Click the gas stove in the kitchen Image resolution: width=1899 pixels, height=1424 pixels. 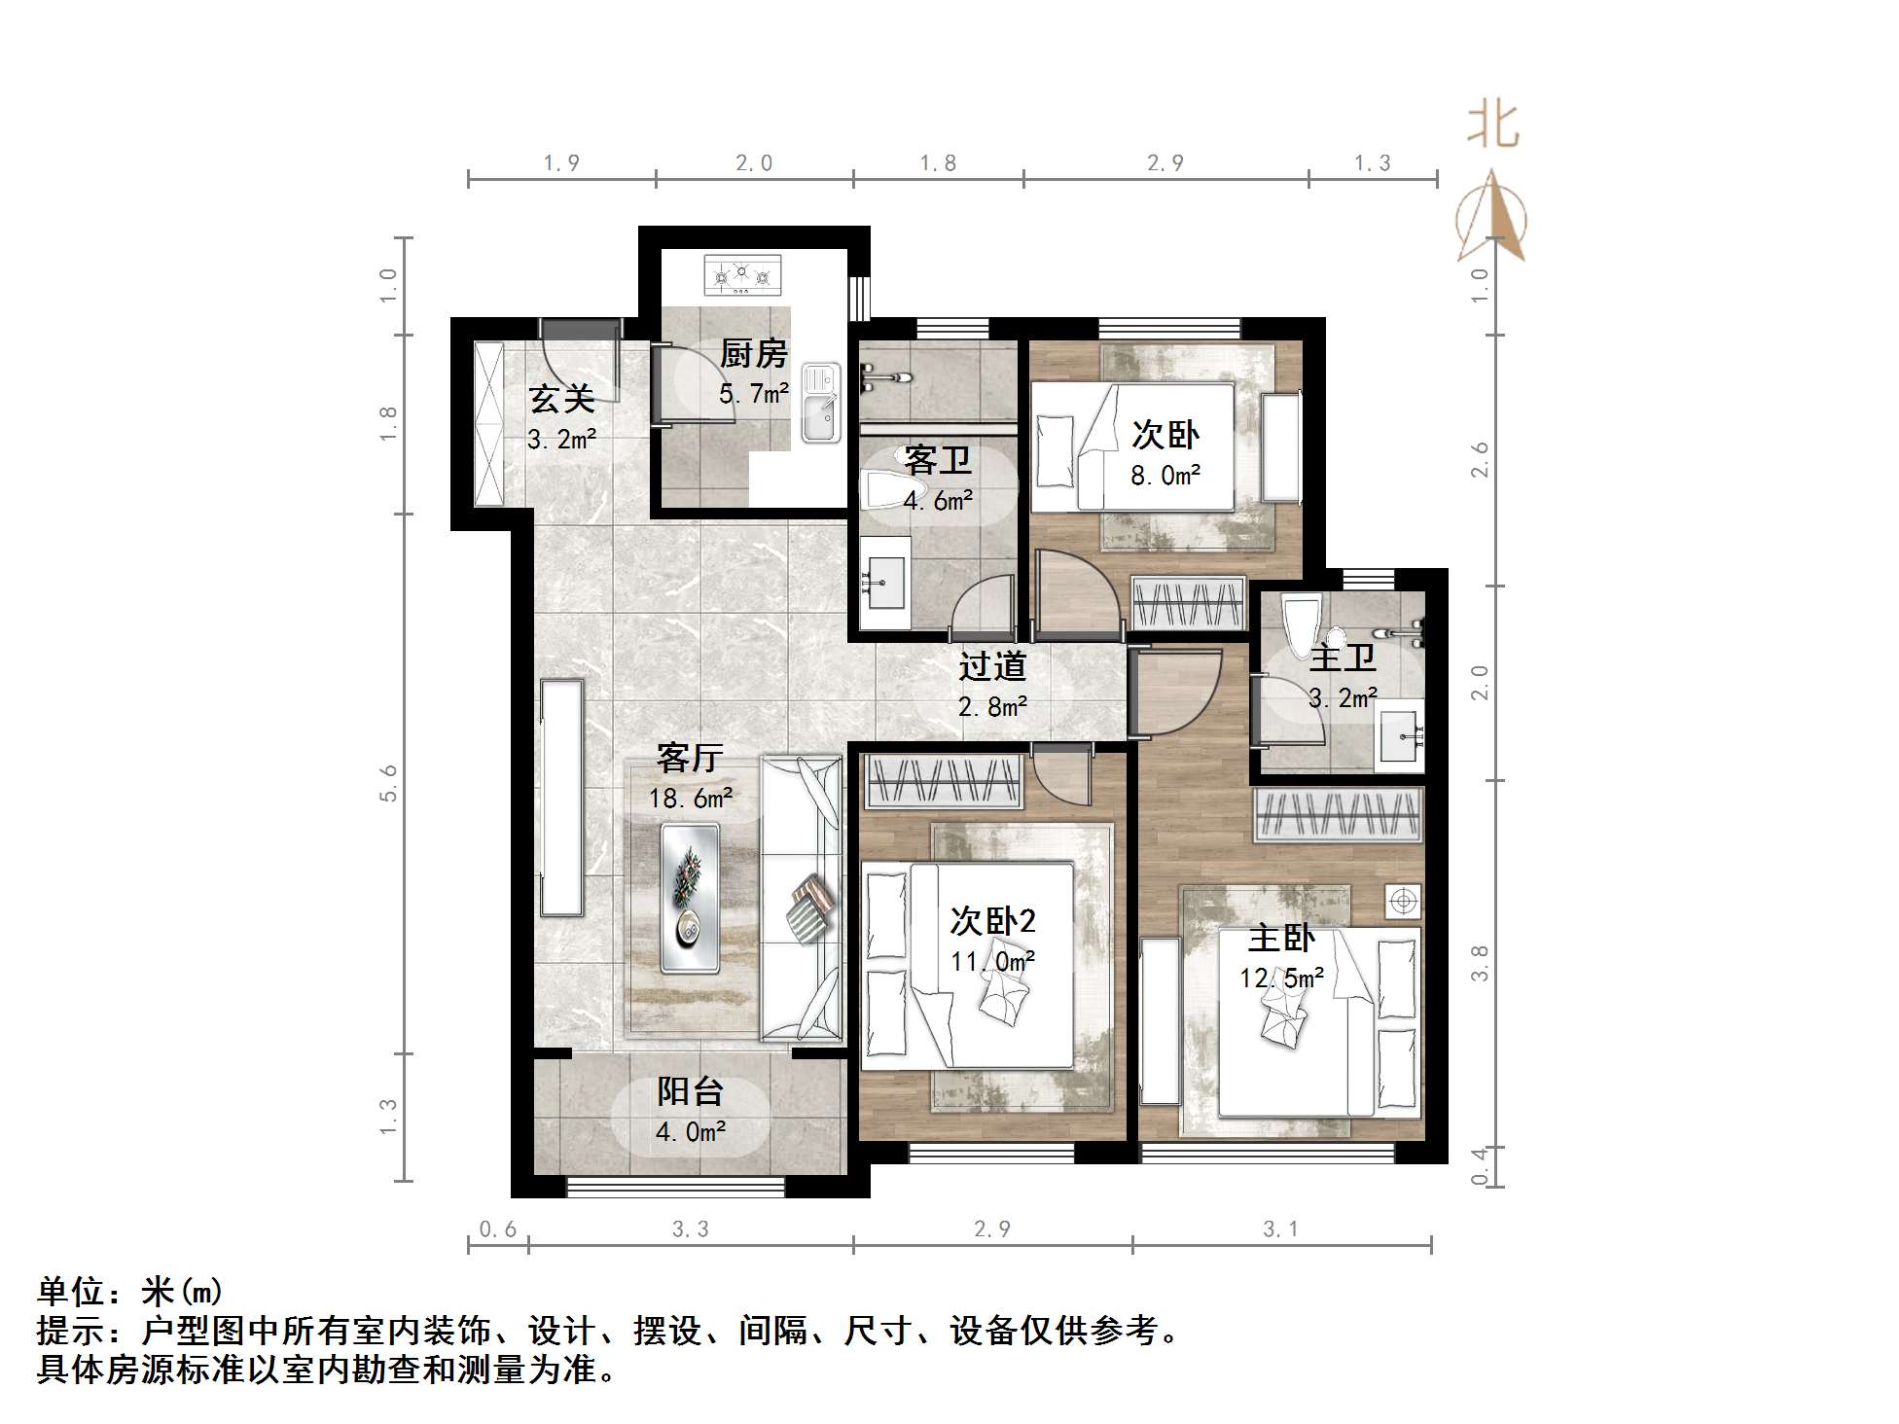[x=742, y=275]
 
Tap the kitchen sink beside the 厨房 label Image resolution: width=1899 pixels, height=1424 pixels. [x=821, y=403]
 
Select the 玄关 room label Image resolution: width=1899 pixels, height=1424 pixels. [x=561, y=398]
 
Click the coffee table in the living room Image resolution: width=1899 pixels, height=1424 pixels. [x=690, y=898]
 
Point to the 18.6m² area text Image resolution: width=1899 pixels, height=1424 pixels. [x=690, y=799]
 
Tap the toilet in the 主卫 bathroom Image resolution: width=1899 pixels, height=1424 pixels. [x=1301, y=627]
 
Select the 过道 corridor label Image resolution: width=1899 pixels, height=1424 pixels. [x=992, y=666]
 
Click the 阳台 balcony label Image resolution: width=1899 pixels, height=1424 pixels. [x=690, y=1091]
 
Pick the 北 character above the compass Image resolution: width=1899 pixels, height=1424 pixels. [x=1492, y=125]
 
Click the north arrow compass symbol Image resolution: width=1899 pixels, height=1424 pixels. [x=1491, y=218]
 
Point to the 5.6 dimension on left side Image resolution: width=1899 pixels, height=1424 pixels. [x=388, y=782]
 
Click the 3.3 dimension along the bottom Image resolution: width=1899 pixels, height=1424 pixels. [x=690, y=1229]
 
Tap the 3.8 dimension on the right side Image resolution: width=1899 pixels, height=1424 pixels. [x=1479, y=963]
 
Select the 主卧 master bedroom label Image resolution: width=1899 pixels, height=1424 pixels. [x=1281, y=939]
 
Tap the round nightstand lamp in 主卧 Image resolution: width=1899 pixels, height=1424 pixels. [x=1403, y=901]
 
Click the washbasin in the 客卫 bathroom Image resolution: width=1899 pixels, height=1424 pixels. [x=883, y=582]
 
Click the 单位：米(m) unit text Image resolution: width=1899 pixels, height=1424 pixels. [x=130, y=1292]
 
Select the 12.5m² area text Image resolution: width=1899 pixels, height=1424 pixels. [x=1281, y=978]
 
